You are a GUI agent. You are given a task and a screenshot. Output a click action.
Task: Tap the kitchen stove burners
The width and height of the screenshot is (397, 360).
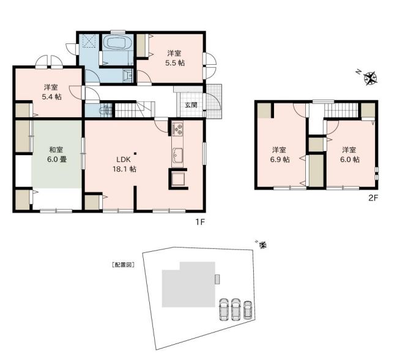pyautogui.click(x=177, y=129)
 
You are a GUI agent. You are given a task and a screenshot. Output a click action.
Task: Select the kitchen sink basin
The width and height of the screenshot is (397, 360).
pyautogui.click(x=178, y=154)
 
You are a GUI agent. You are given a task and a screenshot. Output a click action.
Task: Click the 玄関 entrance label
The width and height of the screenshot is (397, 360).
pyautogui.click(x=191, y=105)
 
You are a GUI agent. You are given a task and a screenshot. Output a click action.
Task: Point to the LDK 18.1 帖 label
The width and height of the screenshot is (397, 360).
pyautogui.click(x=124, y=164)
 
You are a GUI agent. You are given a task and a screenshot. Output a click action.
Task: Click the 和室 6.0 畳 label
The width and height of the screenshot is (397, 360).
pyautogui.click(x=57, y=154)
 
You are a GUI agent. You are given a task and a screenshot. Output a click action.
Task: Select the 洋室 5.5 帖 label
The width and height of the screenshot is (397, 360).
pyautogui.click(x=175, y=58)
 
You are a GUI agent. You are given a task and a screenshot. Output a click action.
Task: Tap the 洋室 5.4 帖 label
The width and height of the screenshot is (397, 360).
pyautogui.click(x=52, y=92)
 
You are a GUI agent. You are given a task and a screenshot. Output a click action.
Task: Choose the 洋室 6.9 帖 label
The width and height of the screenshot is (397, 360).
pyautogui.click(x=280, y=155)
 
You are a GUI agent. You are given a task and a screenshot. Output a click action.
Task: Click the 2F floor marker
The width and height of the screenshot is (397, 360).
pyautogui.click(x=373, y=198)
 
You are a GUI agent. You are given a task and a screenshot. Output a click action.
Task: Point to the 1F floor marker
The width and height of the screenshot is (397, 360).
pyautogui.click(x=200, y=222)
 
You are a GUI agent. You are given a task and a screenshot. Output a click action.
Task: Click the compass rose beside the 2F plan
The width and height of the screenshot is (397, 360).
pyautogui.click(x=371, y=78)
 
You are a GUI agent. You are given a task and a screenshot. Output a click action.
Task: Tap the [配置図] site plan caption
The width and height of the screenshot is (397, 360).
pyautogui.click(x=124, y=265)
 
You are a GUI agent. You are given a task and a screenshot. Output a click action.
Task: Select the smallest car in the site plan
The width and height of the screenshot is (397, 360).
pyautogui.click(x=247, y=310)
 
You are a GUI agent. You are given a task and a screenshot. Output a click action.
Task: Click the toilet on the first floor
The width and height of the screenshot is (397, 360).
pyautogui.click(x=105, y=111)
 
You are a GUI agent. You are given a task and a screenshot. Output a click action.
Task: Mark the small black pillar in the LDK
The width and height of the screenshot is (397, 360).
pyautogui.click(x=135, y=153)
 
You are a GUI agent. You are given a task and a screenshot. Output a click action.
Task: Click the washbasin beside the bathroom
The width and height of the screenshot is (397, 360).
pyautogui.click(x=128, y=75)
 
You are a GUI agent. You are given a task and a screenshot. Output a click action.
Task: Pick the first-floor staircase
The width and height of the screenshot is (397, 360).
pyautogui.click(x=135, y=109)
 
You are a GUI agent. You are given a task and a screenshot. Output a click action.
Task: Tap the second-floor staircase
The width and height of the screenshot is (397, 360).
pyautogui.click(x=341, y=111)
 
